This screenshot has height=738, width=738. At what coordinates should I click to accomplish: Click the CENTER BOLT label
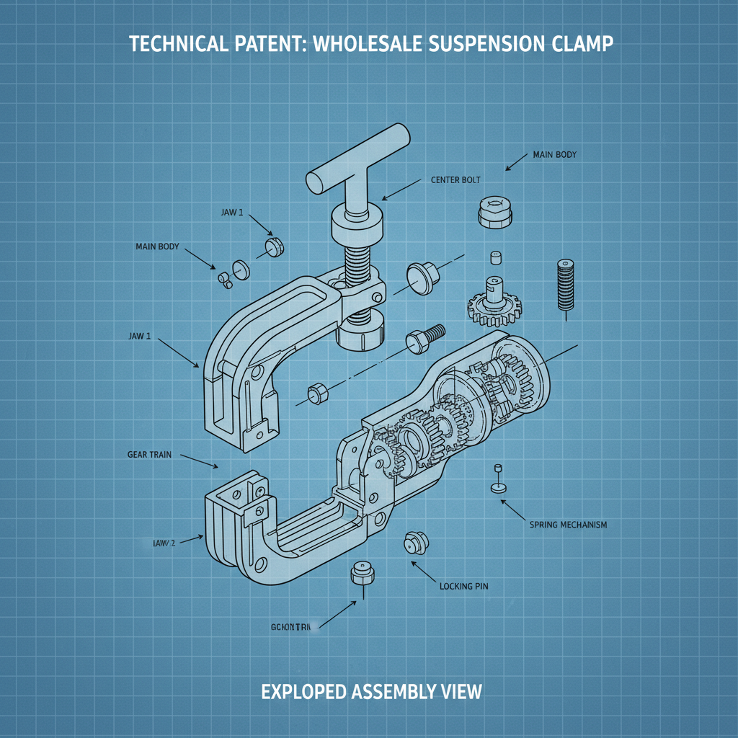455,179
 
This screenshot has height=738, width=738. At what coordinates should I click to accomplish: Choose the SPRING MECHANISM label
568,525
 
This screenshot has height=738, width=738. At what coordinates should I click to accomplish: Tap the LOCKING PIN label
463,587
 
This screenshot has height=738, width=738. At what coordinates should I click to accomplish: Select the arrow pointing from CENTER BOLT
400,190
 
